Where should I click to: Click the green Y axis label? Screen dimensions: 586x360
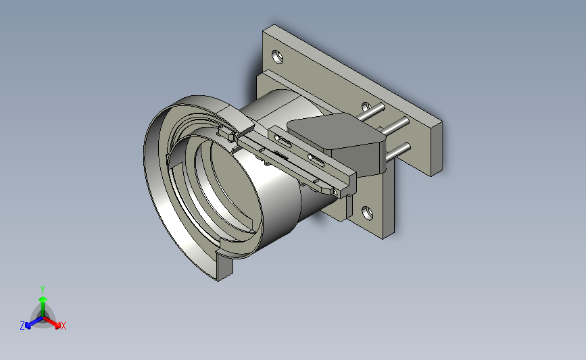point(42,290)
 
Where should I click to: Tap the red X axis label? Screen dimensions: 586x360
point(63,326)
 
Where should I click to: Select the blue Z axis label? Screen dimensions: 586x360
point(22,326)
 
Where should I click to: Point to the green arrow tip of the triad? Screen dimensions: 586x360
point(43,299)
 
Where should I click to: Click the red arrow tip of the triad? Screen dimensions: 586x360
point(57,326)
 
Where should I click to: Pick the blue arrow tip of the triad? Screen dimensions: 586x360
point(28,326)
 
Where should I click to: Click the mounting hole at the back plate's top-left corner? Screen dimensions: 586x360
point(277,57)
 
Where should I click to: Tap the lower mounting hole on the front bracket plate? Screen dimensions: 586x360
point(368,213)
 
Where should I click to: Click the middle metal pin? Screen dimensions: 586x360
point(394,126)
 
